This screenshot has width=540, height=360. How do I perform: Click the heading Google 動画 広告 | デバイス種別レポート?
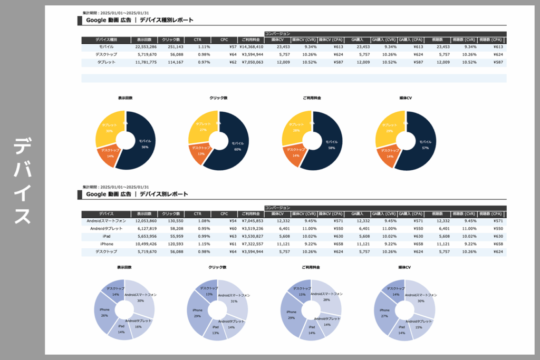coord(140,21)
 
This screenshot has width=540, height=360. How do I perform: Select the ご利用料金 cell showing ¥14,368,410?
coord(251,47)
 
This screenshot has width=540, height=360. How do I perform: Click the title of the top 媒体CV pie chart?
coord(406,98)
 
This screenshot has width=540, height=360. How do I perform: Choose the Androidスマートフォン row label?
coord(107,221)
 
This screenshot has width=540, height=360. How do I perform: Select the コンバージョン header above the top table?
coord(277,34)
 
